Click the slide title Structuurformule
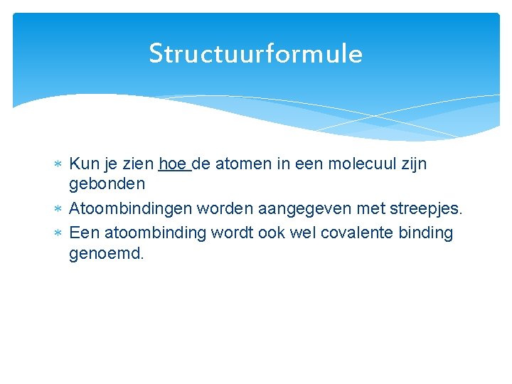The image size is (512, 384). point(255,54)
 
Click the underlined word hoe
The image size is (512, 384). point(173,164)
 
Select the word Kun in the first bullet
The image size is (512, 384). point(83,164)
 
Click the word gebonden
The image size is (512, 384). point(107,184)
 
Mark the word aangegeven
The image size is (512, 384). point(291,210)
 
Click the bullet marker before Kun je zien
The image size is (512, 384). point(58,165)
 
